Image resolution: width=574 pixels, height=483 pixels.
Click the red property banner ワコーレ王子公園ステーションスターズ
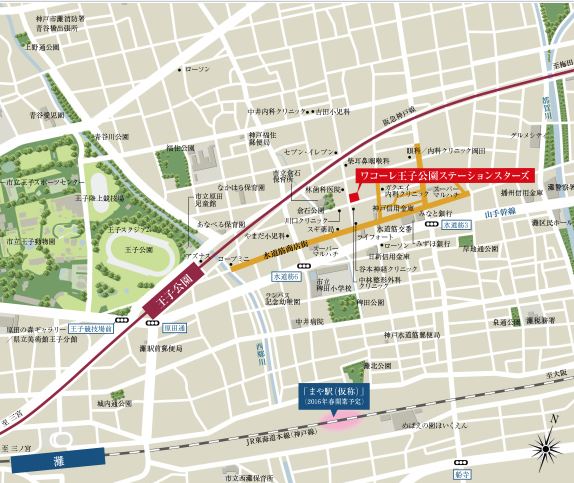coord(446,175)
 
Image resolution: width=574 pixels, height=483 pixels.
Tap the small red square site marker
coord(352,196)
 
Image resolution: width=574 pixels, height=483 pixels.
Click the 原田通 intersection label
coord(176,327)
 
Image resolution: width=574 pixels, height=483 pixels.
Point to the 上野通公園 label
coord(42,47)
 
